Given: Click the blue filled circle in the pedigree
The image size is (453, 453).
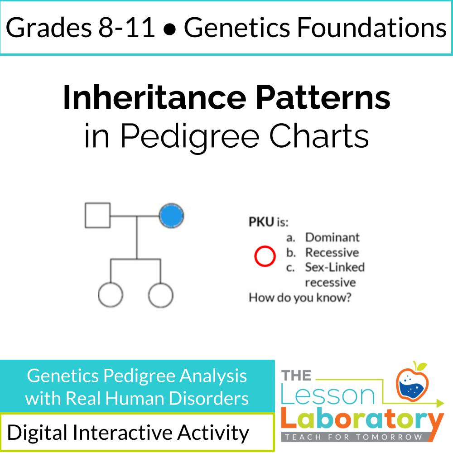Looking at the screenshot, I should (171, 215).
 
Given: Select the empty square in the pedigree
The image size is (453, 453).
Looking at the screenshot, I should (98, 215).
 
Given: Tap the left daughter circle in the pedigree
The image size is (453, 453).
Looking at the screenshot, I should (110, 295).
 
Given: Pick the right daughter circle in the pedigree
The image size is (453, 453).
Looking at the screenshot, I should (160, 295).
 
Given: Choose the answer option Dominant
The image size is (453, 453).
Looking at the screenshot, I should (332, 237).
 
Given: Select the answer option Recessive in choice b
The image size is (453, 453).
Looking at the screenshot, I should (332, 252).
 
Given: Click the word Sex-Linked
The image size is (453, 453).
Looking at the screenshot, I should (334, 267).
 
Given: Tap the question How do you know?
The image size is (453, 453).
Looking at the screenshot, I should (299, 298).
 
